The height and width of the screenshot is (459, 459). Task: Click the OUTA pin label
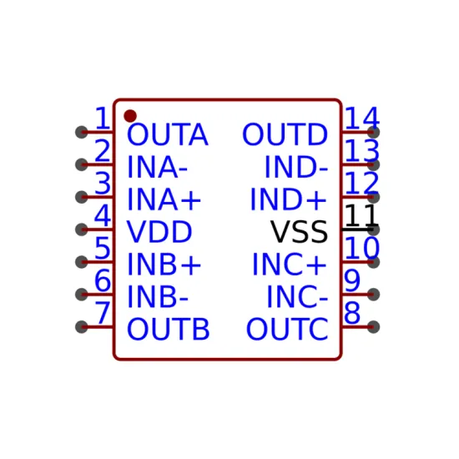pyautogui.click(x=168, y=134)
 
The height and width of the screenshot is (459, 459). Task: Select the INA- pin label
pyautogui.click(x=157, y=167)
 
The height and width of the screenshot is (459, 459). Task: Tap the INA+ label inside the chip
pyautogui.click(x=164, y=199)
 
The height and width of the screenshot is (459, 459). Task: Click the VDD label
pyautogui.click(x=159, y=232)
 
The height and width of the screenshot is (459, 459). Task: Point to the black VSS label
pyautogui.click(x=299, y=232)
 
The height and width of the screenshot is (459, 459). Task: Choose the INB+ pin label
pyautogui.click(x=164, y=265)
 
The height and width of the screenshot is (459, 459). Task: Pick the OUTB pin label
pyautogui.click(x=169, y=330)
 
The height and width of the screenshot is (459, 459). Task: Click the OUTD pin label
pyautogui.click(x=285, y=134)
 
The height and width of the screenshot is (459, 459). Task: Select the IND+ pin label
pyautogui.click(x=289, y=199)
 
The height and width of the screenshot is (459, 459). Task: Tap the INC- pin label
pyautogui.click(x=297, y=297)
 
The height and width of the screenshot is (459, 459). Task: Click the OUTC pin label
pyautogui.click(x=287, y=330)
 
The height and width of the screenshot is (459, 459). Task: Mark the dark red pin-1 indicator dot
pyautogui.click(x=130, y=116)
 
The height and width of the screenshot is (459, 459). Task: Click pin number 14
pyautogui.click(x=362, y=118)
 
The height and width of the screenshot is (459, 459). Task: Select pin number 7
pyautogui.click(x=103, y=312)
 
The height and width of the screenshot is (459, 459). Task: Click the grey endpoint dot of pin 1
pyautogui.click(x=82, y=133)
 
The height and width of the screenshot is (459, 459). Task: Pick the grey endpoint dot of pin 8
pyautogui.click(x=374, y=327)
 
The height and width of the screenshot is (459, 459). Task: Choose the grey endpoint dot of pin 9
pyautogui.click(x=374, y=295)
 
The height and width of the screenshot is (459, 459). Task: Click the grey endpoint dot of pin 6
pyautogui.click(x=82, y=295)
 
